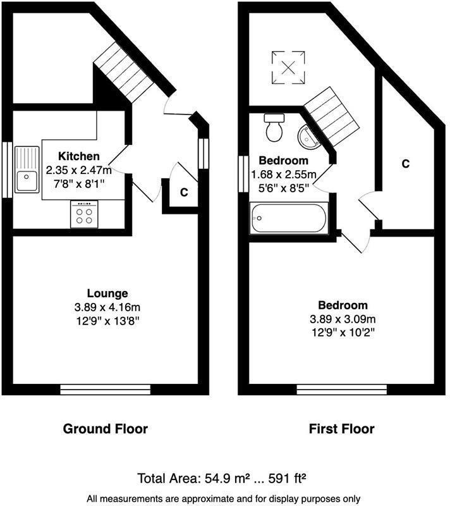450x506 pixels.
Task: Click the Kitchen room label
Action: [x=78, y=156]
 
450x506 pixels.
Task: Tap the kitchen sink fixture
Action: [x=27, y=170]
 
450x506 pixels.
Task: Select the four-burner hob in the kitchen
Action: [x=85, y=214]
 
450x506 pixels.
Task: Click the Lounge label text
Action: [x=107, y=293]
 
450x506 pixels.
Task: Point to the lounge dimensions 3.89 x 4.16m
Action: [x=107, y=307]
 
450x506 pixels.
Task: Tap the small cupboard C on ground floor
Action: [x=183, y=192]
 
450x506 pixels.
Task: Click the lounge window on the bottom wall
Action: [x=105, y=388]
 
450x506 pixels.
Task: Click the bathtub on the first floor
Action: [x=288, y=219]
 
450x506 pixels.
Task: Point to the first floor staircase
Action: [x=331, y=114]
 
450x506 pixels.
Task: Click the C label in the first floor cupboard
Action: [x=406, y=164]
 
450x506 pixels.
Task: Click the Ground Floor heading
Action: [x=105, y=429]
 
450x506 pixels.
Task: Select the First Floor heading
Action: [x=341, y=429]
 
